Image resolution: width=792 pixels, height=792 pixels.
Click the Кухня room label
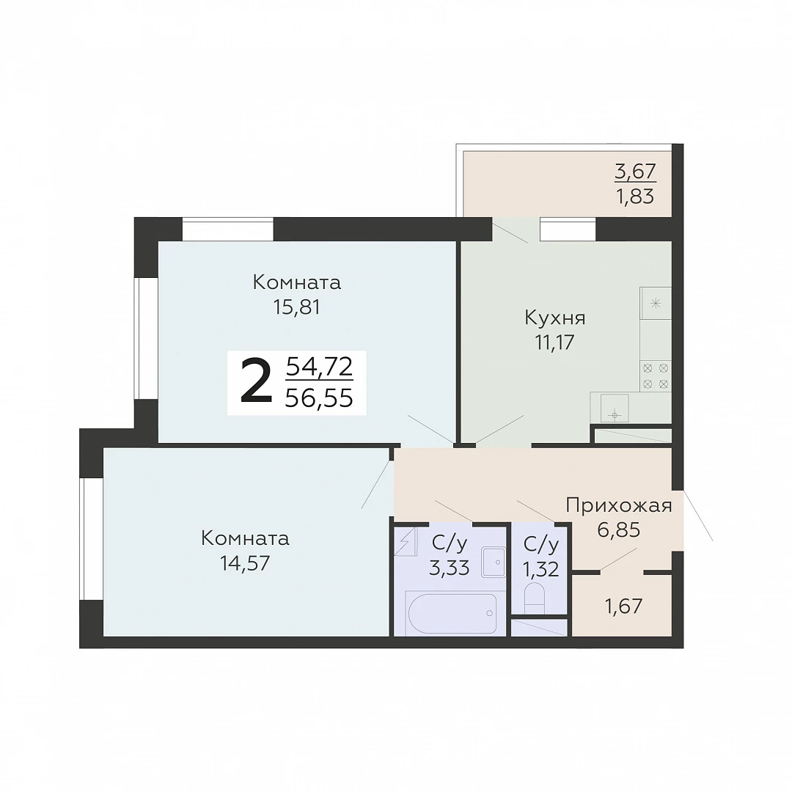pyautogui.click(x=555, y=318)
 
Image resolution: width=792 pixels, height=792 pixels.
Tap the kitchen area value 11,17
pyautogui.click(x=555, y=342)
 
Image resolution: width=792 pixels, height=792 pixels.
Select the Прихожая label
pyautogui.click(x=619, y=505)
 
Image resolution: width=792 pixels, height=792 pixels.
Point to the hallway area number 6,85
pyautogui.click(x=619, y=530)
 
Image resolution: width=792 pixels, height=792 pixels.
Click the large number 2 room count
pyautogui.click(x=256, y=382)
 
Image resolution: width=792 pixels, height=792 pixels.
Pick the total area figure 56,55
pyautogui.click(x=319, y=399)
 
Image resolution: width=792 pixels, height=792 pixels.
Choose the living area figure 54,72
pyautogui.click(x=319, y=367)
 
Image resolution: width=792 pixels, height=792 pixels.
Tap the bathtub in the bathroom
pyautogui.click(x=452, y=613)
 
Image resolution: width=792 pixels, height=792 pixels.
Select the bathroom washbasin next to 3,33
pyautogui.click(x=494, y=562)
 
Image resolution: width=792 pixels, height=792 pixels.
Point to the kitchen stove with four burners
pyautogui.click(x=656, y=376)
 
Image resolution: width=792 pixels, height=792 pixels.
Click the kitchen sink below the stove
pyautogui.click(x=615, y=408)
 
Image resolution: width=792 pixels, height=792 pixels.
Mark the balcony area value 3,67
pyautogui.click(x=635, y=172)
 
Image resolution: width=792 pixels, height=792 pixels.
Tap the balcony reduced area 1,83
pyautogui.click(x=635, y=196)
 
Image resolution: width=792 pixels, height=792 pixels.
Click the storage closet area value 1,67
pyautogui.click(x=624, y=606)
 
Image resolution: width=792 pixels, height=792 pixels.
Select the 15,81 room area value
pyautogui.click(x=297, y=307)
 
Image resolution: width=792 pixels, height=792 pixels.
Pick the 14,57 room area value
pyautogui.click(x=245, y=562)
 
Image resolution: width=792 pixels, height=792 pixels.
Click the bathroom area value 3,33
pyautogui.click(x=450, y=568)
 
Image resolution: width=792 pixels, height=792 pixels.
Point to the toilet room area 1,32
pyautogui.click(x=541, y=569)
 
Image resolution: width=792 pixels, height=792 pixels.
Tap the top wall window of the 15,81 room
pyautogui.click(x=228, y=229)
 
